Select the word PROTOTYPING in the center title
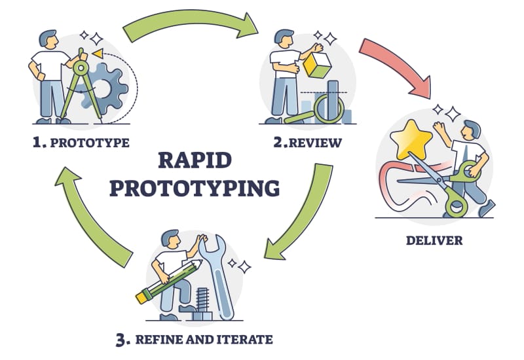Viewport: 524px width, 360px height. click(x=195, y=187)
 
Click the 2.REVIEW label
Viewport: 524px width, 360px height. click(x=308, y=142)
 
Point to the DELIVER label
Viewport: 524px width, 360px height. click(x=434, y=240)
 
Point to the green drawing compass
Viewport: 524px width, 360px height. click(x=82, y=85)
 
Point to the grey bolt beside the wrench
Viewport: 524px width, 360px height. click(x=200, y=302)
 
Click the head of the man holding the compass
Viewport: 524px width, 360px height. click(x=48, y=41)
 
